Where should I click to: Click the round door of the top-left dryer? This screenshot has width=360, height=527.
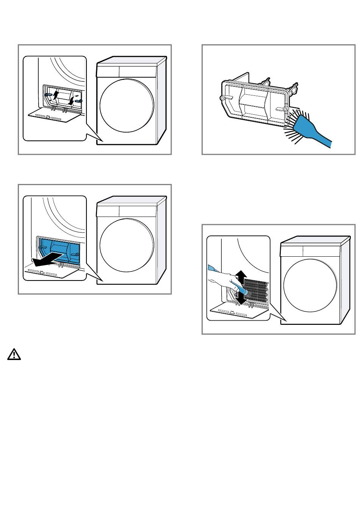click(x=127, y=105)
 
